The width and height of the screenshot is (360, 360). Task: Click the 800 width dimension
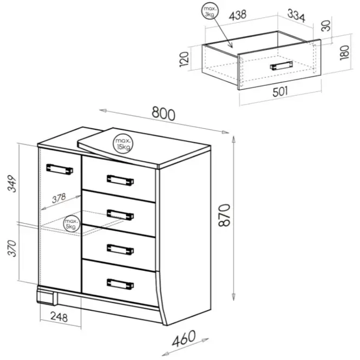pos(163,114)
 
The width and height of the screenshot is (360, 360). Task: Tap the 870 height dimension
pos(224,215)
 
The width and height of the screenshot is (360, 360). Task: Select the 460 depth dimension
pos(184,338)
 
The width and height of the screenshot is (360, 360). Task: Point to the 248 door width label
pos(59,317)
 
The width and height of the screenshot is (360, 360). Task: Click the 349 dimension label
pos(12,184)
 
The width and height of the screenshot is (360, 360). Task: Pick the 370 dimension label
pos(12,248)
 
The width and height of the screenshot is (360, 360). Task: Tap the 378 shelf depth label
pos(59,198)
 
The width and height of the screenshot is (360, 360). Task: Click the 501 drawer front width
pos(280,91)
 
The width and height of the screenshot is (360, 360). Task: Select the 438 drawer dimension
pos(238,15)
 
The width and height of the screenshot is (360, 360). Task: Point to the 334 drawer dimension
pos(297,16)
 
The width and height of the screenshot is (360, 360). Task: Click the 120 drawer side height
pos(184,60)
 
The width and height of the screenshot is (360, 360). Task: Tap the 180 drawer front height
pos(344,53)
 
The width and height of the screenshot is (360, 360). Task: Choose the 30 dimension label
pos(326,26)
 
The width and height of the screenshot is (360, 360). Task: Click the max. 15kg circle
pos(123,143)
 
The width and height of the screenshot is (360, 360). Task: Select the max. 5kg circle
pos(71,224)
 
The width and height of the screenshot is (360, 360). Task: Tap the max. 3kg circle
pos(210,12)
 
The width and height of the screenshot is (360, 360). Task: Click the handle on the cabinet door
pos(60,169)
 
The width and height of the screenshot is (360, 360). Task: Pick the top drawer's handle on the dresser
pos(120,180)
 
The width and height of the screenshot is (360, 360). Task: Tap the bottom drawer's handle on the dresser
pos(120,284)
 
